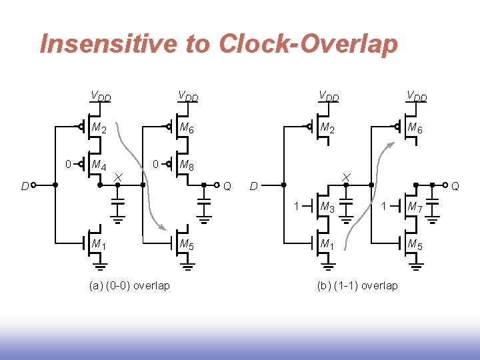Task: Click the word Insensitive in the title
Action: click(x=109, y=44)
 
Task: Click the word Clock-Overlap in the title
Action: click(x=307, y=44)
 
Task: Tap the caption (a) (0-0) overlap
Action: click(x=129, y=285)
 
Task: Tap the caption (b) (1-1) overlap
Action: click(x=357, y=285)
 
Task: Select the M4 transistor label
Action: click(x=101, y=165)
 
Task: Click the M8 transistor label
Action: click(x=186, y=165)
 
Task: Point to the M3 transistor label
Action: click(x=328, y=207)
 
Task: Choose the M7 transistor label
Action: click(x=415, y=207)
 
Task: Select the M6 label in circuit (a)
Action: click(x=186, y=128)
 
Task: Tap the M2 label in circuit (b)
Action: click(x=328, y=128)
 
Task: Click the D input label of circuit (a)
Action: click(x=24, y=186)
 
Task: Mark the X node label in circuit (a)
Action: click(x=117, y=175)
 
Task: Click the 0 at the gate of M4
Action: click(x=69, y=163)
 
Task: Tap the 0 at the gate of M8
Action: click(x=155, y=163)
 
